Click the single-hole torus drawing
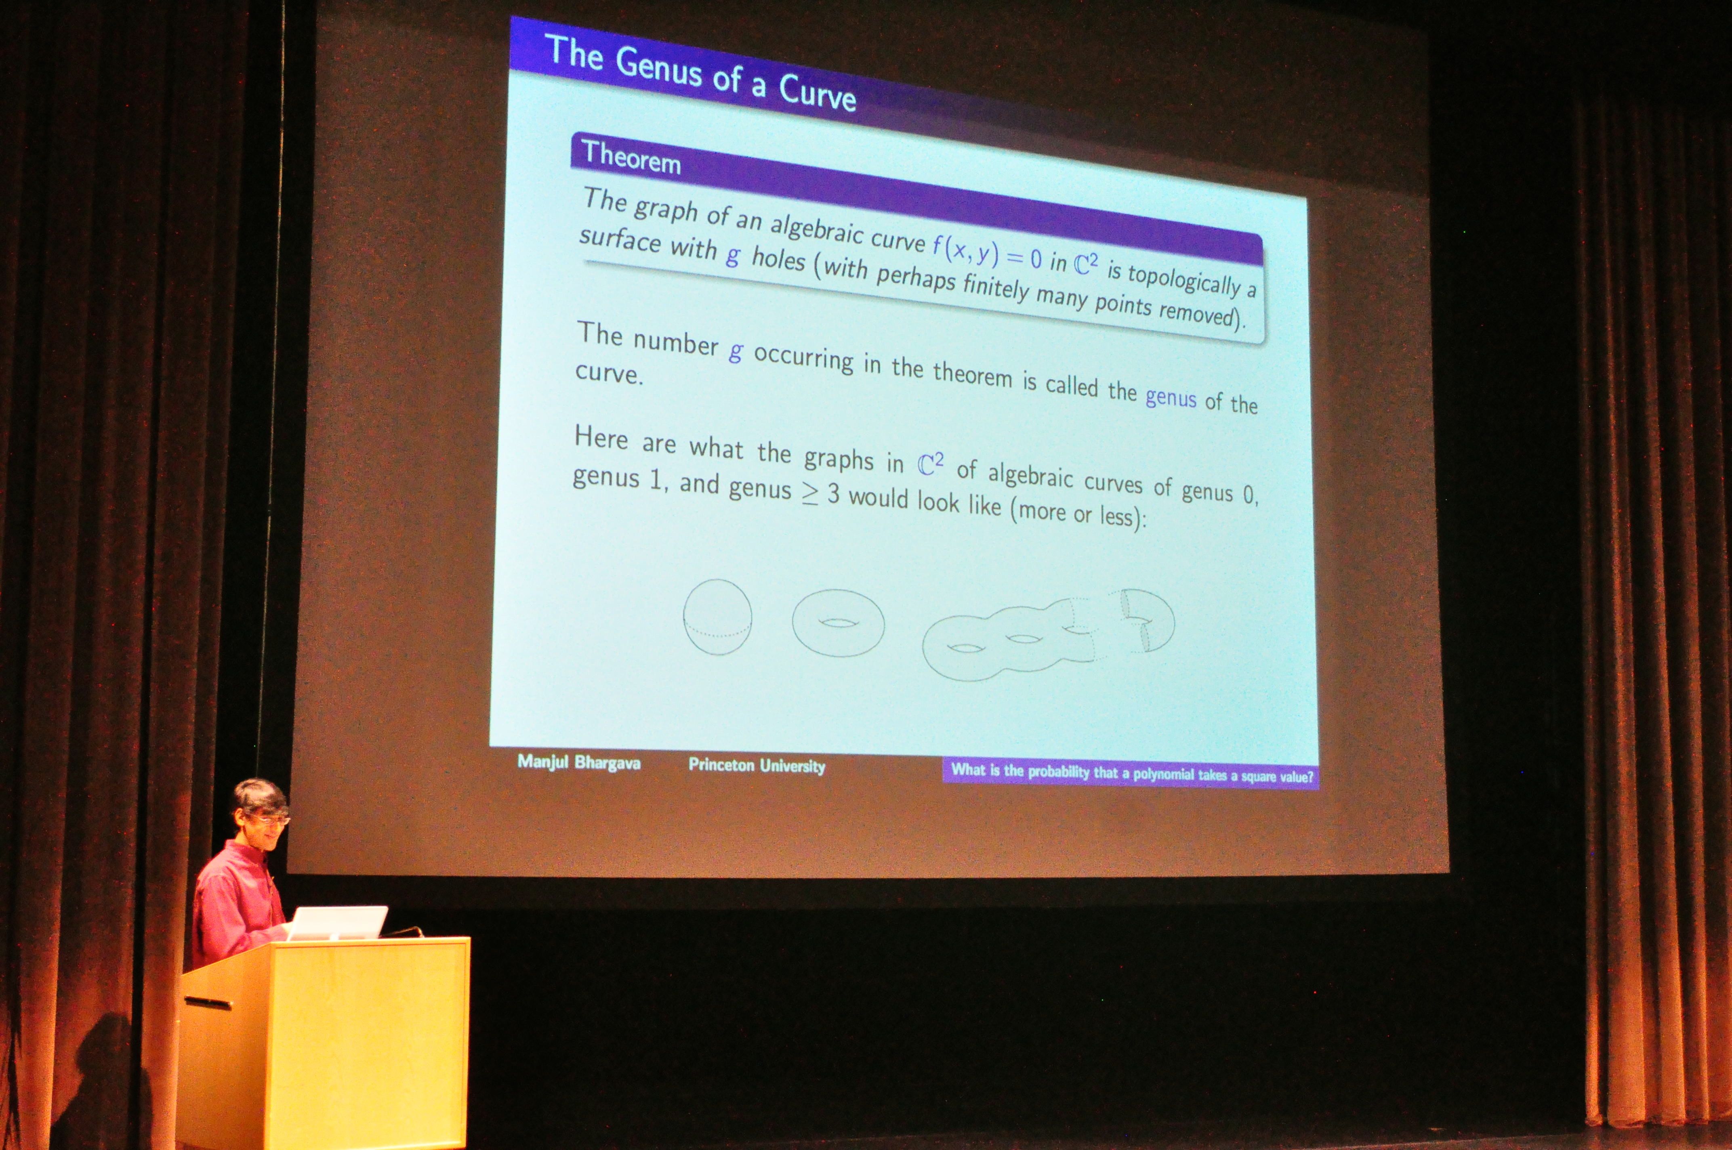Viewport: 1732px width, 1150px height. pos(838,623)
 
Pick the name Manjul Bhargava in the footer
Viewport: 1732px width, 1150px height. pos(579,763)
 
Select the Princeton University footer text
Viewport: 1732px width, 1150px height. pos(756,766)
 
